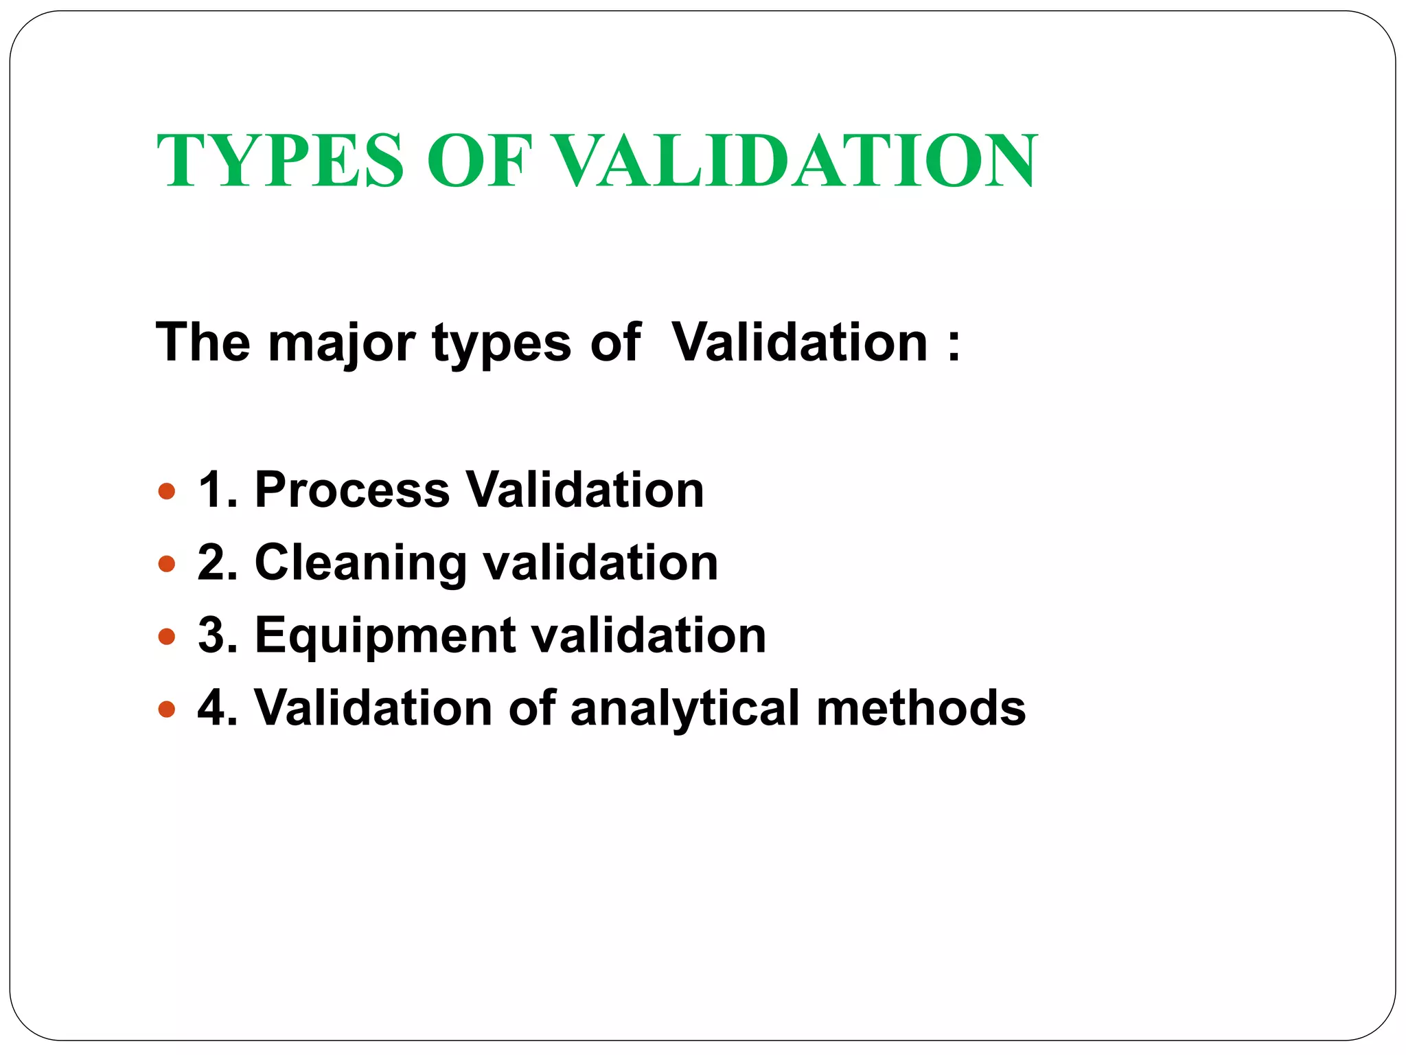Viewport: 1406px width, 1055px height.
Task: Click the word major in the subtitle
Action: coord(341,343)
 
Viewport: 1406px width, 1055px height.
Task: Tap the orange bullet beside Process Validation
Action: coord(167,492)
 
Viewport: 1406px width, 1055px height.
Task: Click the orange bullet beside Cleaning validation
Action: coord(167,564)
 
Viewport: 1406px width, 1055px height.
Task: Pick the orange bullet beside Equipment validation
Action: coord(167,637)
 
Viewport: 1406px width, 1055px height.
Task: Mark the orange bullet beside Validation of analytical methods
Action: coord(167,709)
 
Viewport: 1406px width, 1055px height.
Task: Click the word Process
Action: coord(352,490)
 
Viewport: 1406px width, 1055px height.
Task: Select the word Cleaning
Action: coord(361,564)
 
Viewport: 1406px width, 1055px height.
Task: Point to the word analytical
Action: coord(685,709)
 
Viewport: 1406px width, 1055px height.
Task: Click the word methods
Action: coord(921,707)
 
